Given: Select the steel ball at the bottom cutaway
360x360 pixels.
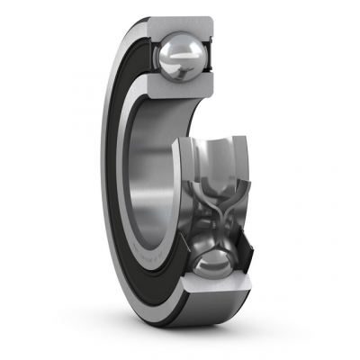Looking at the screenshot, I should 208,268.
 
